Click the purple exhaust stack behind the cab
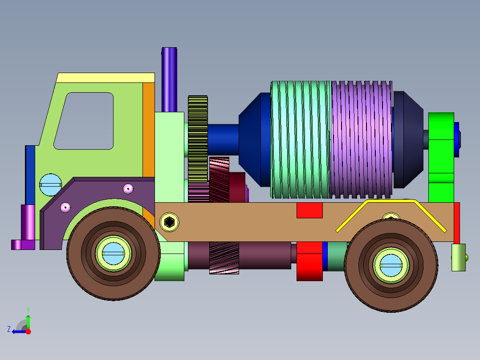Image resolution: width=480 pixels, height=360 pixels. click(x=169, y=80)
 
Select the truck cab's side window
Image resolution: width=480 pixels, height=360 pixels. click(x=84, y=121)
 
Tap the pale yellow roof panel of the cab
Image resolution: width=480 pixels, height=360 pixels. click(x=106, y=78)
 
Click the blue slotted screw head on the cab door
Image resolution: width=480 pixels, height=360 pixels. click(x=50, y=185)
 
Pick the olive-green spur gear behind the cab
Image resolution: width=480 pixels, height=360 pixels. click(x=198, y=139)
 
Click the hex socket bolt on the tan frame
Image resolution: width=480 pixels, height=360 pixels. click(x=169, y=222)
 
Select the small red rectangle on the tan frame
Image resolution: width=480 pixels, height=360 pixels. click(x=309, y=210)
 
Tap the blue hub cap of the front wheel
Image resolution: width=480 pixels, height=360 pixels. click(x=113, y=254)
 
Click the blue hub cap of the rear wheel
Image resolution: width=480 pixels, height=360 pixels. click(x=391, y=266)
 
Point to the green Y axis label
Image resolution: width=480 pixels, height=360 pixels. click(x=28, y=310)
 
